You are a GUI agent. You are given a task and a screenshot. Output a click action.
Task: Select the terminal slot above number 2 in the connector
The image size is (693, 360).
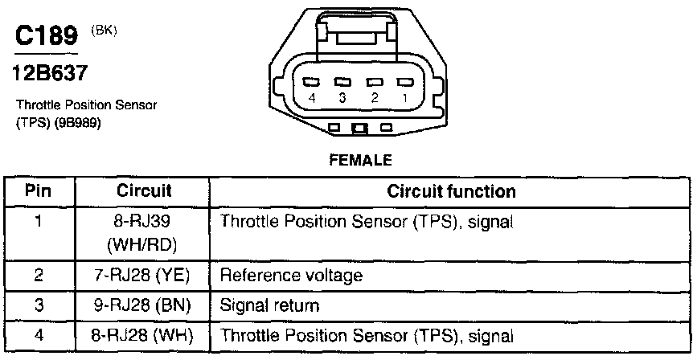coord(373,82)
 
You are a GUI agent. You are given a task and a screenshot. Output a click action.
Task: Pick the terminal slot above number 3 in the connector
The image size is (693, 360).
coord(342,82)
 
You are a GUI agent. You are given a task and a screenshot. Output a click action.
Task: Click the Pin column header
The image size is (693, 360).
coord(39,192)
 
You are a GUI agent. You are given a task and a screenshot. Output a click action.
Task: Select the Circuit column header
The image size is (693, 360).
coord(145,192)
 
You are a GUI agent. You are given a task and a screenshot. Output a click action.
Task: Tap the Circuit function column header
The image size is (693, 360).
coord(451,192)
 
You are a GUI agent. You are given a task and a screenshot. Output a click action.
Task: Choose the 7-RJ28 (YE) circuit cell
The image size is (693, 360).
coord(145,276)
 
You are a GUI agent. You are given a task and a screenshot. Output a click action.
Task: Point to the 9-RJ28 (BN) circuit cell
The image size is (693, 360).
coord(145,305)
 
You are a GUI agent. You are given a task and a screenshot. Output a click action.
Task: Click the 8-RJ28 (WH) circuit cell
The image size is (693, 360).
coord(145,334)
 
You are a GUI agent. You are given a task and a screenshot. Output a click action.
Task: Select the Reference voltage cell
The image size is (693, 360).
coord(291,276)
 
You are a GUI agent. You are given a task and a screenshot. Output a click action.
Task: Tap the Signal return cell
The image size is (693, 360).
coord(269,305)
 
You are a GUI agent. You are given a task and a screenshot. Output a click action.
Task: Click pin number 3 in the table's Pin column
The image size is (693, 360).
coord(39,305)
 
